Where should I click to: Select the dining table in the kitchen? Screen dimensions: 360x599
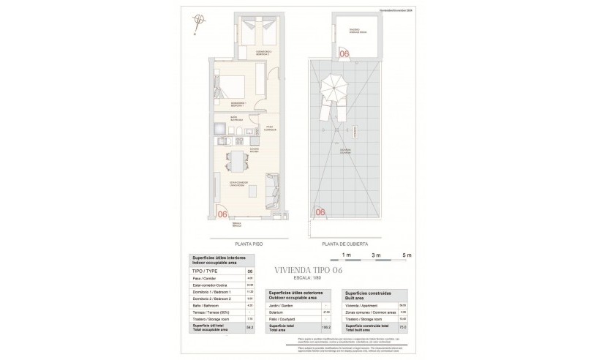pos(236,160)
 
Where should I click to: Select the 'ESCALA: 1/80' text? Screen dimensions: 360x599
pos(304,279)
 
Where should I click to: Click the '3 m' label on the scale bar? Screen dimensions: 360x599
pos(376,255)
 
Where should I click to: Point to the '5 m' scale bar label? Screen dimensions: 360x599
pos(407,255)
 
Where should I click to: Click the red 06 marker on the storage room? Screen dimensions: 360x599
pos(344,53)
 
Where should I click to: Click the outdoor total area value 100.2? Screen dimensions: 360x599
pos(326,328)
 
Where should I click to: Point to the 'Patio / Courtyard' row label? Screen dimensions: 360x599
pos(281,319)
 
